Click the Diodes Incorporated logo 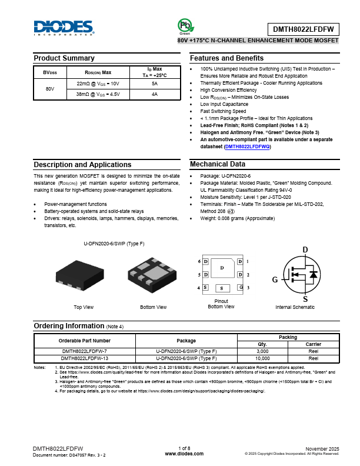pos(63,28)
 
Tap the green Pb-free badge pos(185,25)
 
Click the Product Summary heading pos(64,58)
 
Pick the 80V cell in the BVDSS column pos(50,89)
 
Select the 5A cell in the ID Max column pos(155,84)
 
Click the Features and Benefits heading pos(226,58)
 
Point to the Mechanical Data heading pos(218,164)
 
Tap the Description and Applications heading pos(82,164)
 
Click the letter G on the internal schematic pos(275,280)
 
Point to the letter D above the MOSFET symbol pos(305,250)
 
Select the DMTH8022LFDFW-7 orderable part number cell pos(84,351)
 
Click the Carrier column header pos(313,344)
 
